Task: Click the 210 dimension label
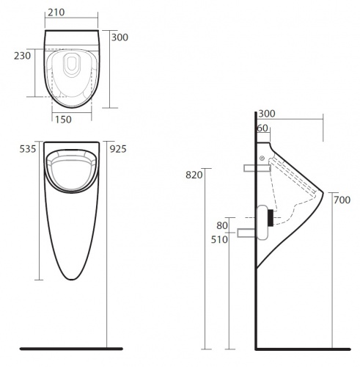point(56,12)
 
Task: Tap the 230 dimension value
point(22,56)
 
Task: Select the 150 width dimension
point(63,120)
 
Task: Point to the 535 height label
point(28,149)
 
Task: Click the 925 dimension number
point(118,149)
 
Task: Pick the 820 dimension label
point(194,175)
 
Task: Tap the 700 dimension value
point(342,200)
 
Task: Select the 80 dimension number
point(222,225)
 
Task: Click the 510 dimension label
point(219,240)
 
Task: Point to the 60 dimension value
point(262,128)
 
